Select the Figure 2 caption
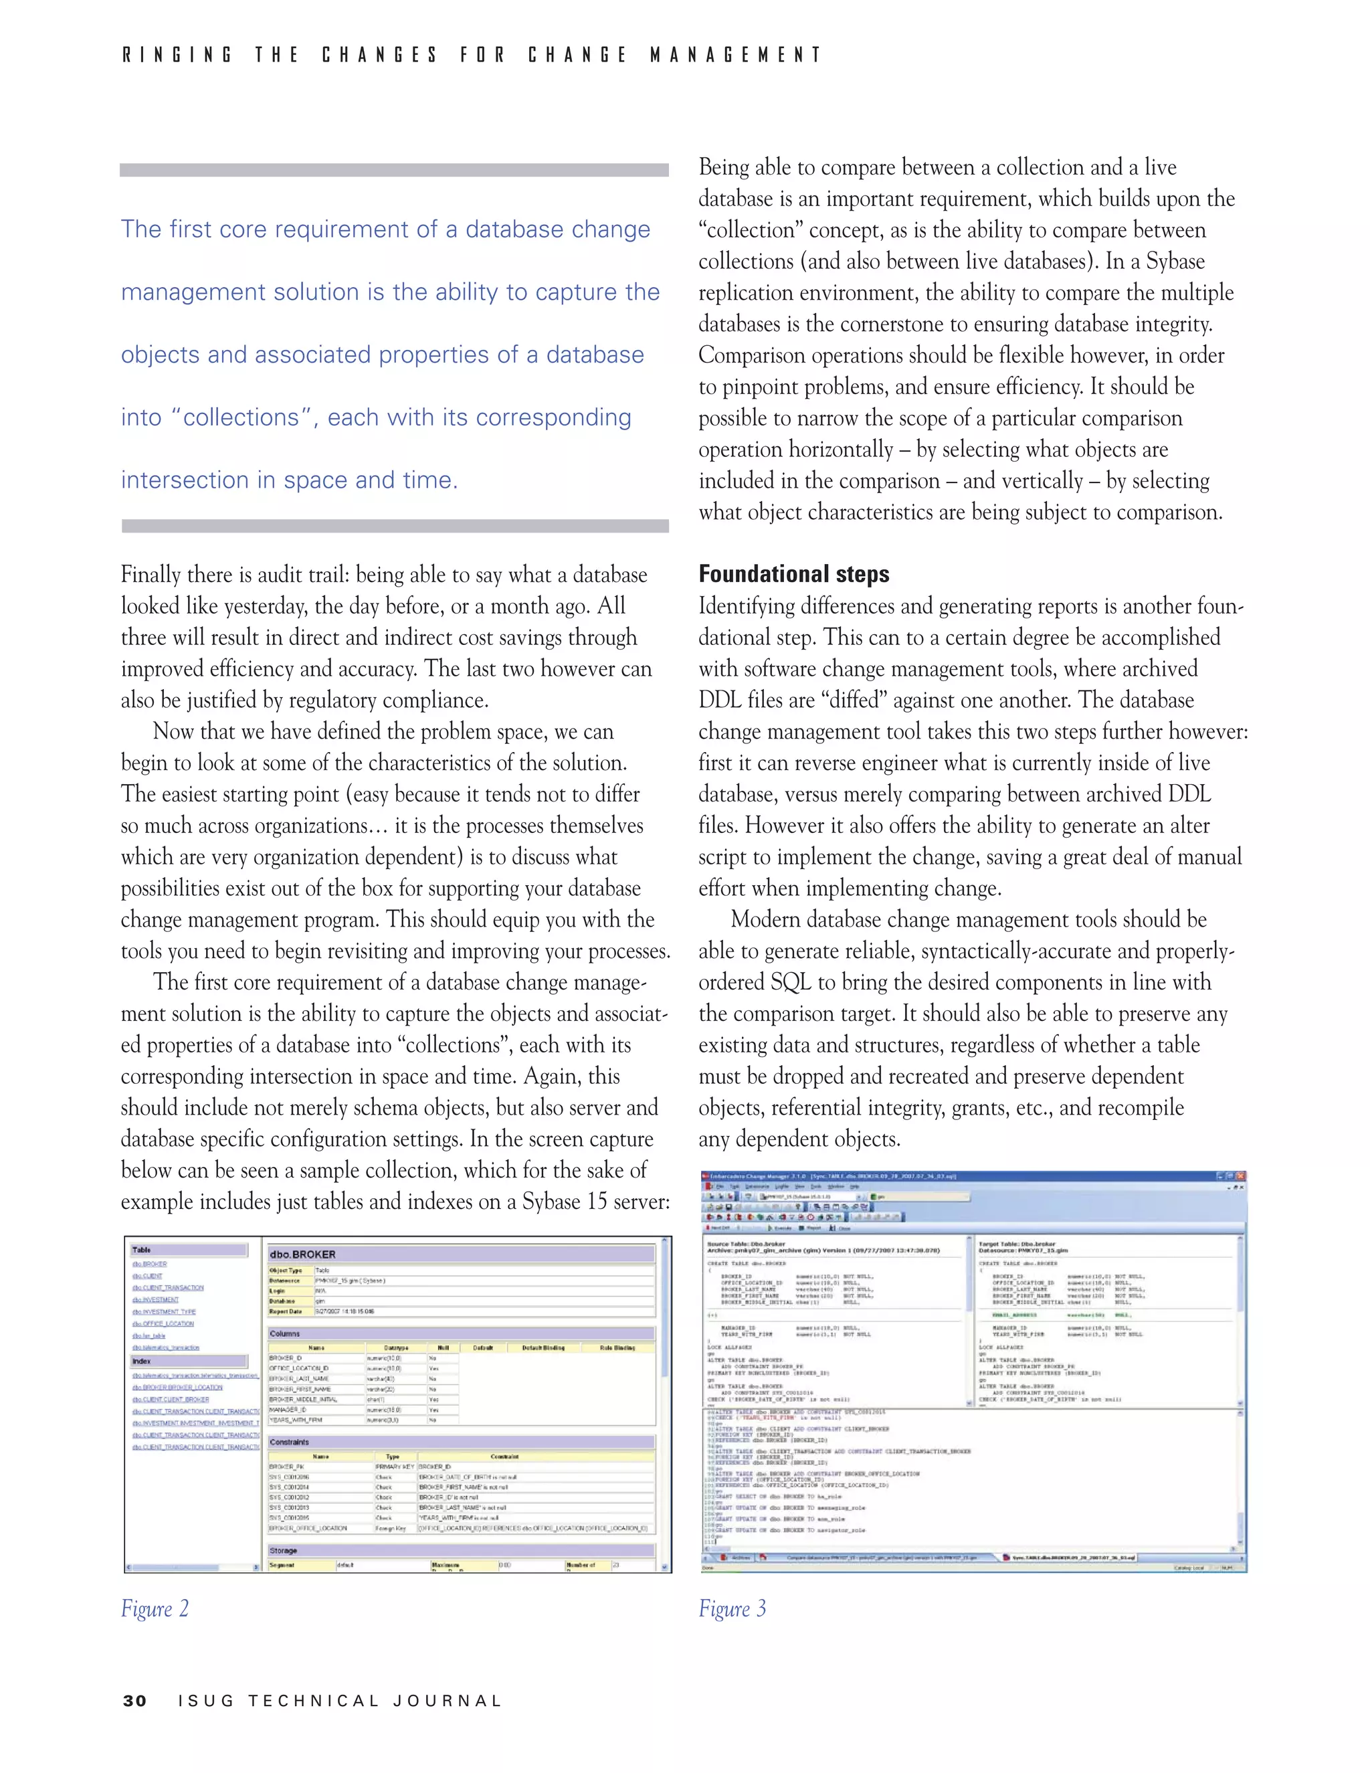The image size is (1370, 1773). pyautogui.click(x=155, y=1608)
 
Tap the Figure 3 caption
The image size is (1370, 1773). pyautogui.click(x=731, y=1608)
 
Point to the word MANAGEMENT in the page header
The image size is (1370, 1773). pyautogui.click(x=735, y=56)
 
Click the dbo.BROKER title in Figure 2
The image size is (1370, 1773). pyautogui.click(x=303, y=1254)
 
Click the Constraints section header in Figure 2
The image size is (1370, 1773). pyautogui.click(x=290, y=1442)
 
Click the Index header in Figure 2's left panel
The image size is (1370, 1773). pyautogui.click(x=142, y=1361)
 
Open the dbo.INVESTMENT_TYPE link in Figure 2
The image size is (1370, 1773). pyautogui.click(x=163, y=1312)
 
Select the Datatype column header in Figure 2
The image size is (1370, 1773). pyautogui.click(x=396, y=1347)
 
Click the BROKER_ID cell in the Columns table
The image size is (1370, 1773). pyautogui.click(x=286, y=1358)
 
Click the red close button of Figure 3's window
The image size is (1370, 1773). pyautogui.click(x=1240, y=1176)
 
